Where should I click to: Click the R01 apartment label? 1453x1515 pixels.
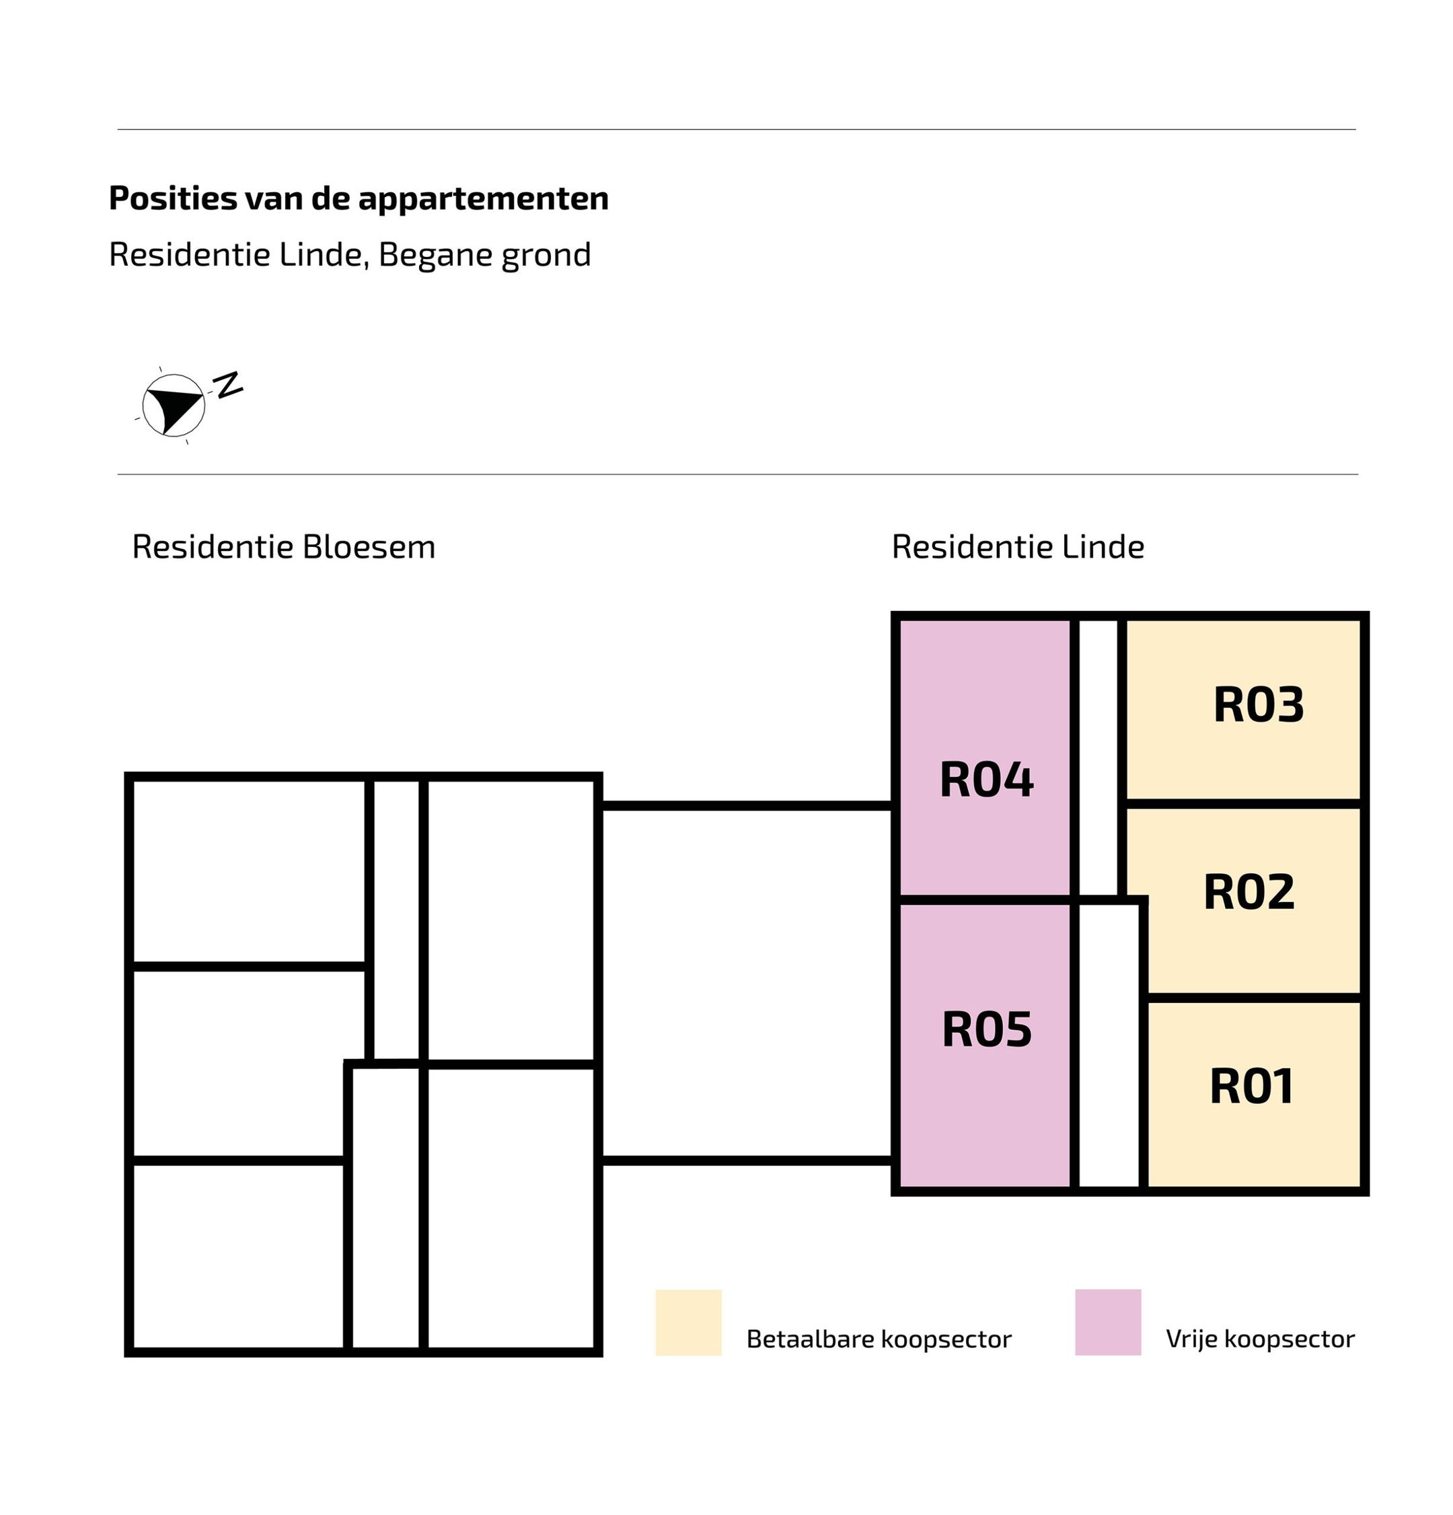pyautogui.click(x=1251, y=1086)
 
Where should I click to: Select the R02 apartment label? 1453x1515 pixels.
pyautogui.click(x=1249, y=892)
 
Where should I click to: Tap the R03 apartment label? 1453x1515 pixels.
pyautogui.click(x=1258, y=704)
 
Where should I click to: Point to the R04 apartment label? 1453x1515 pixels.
pyautogui.click(x=986, y=779)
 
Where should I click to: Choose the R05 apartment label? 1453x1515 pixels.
pyautogui.click(x=987, y=1029)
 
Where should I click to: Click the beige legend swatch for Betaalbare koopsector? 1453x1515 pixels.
pyautogui.click(x=689, y=1322)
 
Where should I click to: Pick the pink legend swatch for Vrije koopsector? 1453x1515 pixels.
pyautogui.click(x=1107, y=1322)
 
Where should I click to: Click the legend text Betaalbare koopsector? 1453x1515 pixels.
pyautogui.click(x=879, y=1339)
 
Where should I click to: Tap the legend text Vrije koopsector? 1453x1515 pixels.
pyautogui.click(x=1260, y=1339)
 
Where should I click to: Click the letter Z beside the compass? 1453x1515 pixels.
pyautogui.click(x=229, y=384)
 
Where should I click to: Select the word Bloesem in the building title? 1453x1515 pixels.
pyautogui.click(x=369, y=547)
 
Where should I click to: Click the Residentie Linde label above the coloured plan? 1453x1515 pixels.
pyautogui.click(x=1018, y=547)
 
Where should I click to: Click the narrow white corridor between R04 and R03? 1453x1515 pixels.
pyautogui.click(x=1097, y=757)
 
